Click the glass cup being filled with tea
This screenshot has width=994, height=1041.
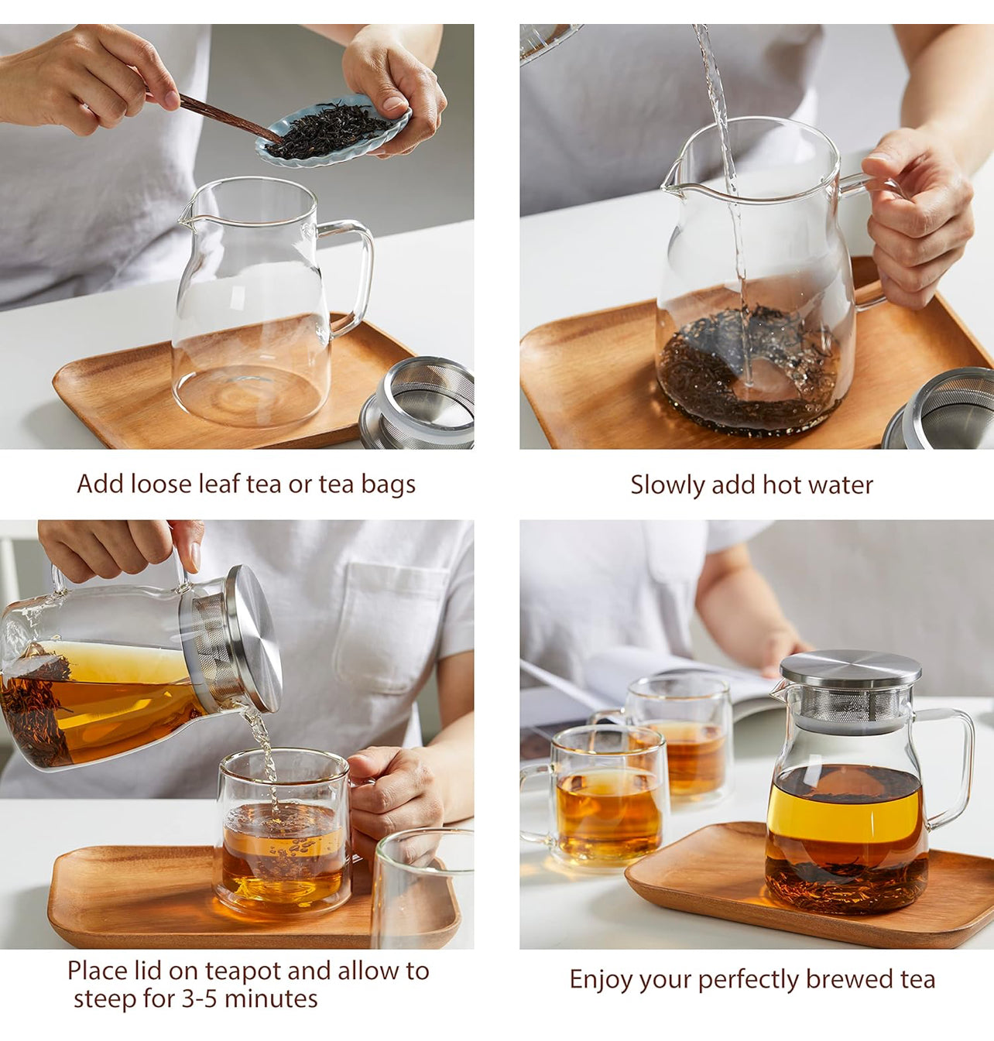283,831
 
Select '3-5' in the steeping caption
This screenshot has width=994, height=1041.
200,999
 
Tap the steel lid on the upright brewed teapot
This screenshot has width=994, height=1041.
851,668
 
